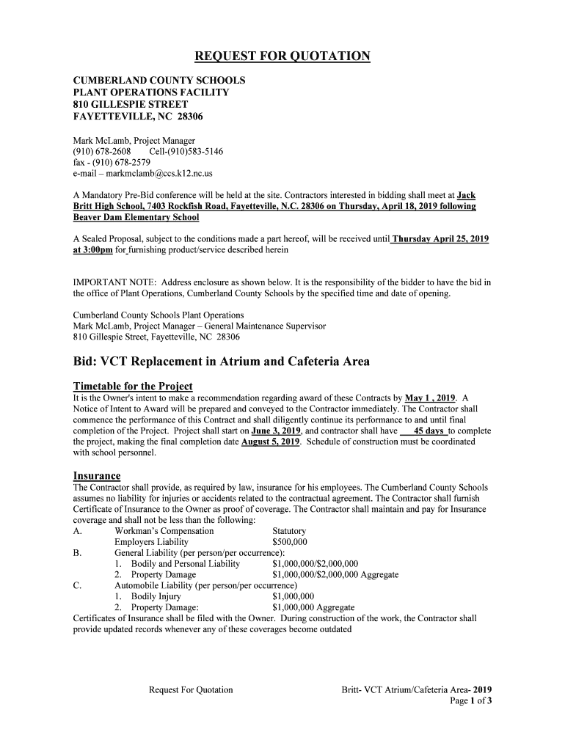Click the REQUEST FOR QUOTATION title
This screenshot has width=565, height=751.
coord(282,57)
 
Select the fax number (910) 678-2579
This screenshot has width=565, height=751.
coord(120,163)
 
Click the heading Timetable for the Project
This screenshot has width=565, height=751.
coord(133,387)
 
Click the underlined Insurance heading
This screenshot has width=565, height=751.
coord(97,476)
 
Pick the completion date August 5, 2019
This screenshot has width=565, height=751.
coord(270,442)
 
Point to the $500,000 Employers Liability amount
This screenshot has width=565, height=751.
coord(289,543)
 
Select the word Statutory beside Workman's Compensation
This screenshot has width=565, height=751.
coord(289,531)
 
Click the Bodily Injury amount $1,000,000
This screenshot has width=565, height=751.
coord(293,596)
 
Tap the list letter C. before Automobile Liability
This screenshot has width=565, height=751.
coord(78,585)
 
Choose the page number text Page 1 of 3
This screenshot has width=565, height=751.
coord(470,701)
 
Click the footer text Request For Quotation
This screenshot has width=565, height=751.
coord(191,689)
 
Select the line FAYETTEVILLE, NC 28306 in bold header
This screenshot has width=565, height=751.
coord(137,117)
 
